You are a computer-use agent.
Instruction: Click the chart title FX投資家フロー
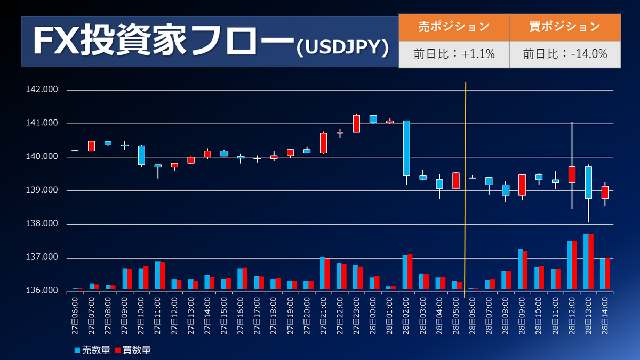[x=163, y=41]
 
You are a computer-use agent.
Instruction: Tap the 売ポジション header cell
[x=454, y=26]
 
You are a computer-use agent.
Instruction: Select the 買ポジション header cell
[x=565, y=26]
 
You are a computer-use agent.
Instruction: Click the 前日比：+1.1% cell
[x=454, y=54]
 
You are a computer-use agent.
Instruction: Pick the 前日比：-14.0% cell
[x=565, y=54]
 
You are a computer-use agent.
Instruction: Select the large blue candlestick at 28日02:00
[x=406, y=148]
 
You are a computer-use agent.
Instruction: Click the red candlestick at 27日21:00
[x=323, y=143]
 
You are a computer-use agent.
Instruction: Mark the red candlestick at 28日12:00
[x=572, y=174]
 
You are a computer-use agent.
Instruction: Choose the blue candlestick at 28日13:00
[x=588, y=182]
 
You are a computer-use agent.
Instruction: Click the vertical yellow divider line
[x=466, y=187]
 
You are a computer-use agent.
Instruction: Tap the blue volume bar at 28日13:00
[x=586, y=261]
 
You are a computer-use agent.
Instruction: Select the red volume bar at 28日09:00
[x=525, y=270]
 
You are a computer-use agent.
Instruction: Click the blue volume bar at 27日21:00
[x=322, y=273]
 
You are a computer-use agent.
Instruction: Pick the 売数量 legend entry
[x=93, y=350]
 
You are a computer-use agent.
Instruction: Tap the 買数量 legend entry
[x=133, y=350]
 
